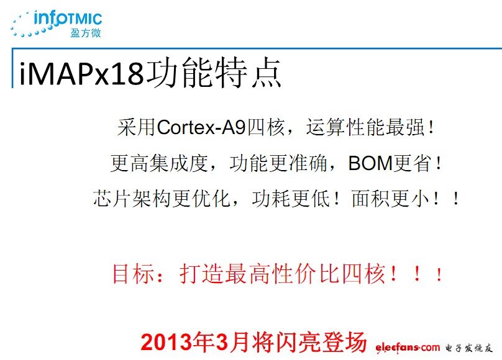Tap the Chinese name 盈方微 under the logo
85,33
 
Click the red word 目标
132,274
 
